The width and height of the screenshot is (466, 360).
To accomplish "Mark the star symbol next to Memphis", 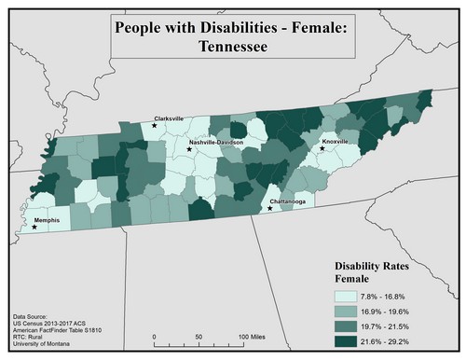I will (x=35, y=227).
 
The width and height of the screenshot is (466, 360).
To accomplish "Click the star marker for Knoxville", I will (x=322, y=147).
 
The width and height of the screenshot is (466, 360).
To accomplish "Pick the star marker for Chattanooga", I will (x=270, y=208).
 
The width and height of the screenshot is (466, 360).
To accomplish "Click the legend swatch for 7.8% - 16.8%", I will (x=350, y=296).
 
